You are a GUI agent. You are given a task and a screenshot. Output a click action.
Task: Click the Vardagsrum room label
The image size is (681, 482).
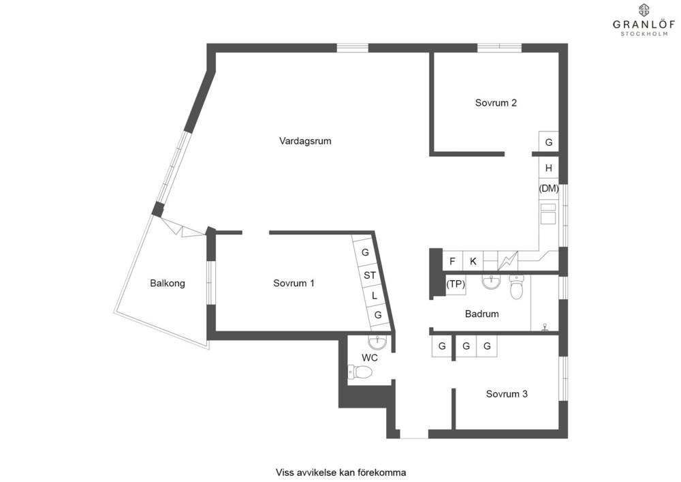[305, 141]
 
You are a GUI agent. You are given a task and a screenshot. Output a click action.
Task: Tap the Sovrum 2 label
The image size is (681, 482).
[496, 103]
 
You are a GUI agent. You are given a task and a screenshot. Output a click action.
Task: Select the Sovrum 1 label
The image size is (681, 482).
[294, 284]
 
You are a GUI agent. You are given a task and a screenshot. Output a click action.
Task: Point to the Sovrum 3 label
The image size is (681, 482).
[507, 394]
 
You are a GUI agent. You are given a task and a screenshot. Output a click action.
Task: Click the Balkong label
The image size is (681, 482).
[168, 284]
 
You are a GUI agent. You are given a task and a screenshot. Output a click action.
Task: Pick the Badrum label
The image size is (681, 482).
[481, 314]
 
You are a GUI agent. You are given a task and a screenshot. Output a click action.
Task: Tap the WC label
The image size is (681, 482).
[370, 358]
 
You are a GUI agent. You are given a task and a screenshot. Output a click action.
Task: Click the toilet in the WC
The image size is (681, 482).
[360, 372]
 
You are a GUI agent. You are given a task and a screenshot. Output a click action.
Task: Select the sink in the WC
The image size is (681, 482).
[377, 342]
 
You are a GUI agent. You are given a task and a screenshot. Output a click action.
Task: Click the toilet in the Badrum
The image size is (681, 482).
[516, 286]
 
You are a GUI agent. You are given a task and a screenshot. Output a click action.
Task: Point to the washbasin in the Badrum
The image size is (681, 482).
[491, 282]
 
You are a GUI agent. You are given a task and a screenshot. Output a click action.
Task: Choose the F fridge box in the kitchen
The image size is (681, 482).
[453, 261]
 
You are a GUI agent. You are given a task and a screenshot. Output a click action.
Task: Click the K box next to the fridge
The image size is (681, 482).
[473, 261]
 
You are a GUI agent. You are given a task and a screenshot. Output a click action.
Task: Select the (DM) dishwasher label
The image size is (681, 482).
[548, 189]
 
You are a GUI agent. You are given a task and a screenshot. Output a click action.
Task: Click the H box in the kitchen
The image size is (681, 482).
[548, 168]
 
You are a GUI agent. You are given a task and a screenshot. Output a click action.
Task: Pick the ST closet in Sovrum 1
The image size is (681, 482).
[370, 275]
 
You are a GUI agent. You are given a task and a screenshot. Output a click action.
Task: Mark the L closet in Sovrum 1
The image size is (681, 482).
[374, 296]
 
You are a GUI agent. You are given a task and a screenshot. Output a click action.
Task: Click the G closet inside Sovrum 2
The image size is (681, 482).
[548, 142]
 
